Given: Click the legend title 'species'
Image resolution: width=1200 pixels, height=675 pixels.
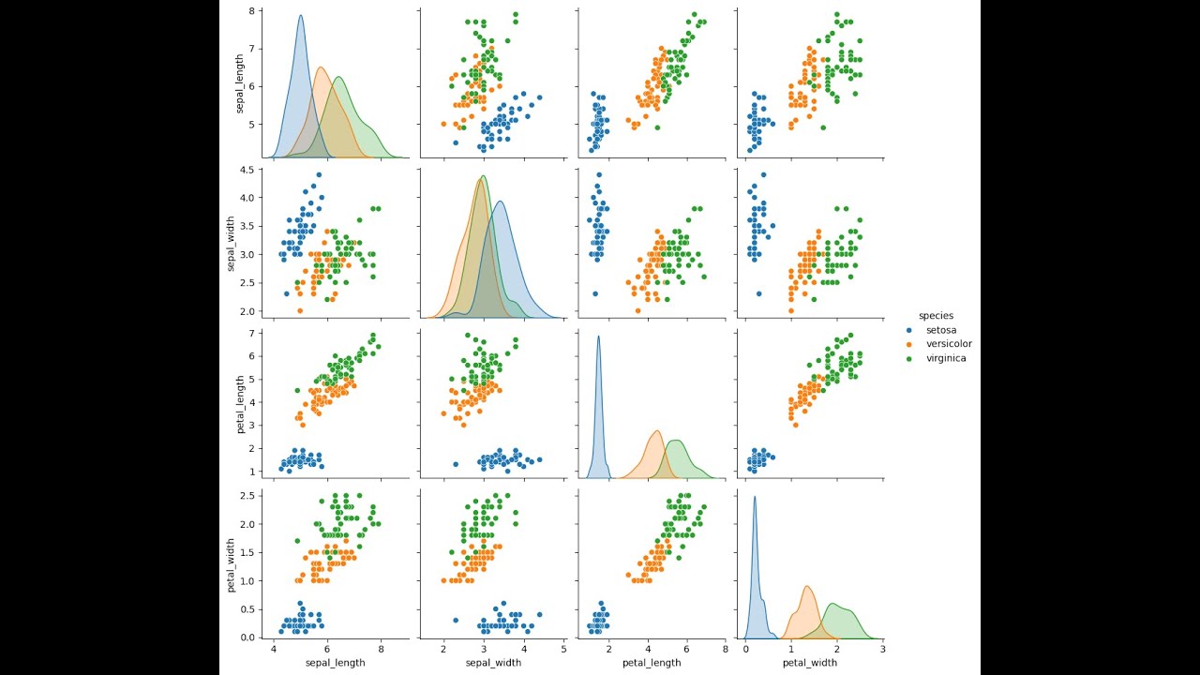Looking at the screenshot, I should click(936, 316).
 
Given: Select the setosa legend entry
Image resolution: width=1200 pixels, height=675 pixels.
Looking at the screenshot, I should click(940, 330).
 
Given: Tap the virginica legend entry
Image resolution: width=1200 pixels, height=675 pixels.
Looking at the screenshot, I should click(945, 358).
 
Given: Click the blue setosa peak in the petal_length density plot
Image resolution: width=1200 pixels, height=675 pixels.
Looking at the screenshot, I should click(598, 337).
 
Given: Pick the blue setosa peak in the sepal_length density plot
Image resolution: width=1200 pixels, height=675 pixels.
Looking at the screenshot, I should click(301, 16).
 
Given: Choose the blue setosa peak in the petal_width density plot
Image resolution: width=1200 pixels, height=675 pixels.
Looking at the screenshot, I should click(755, 498).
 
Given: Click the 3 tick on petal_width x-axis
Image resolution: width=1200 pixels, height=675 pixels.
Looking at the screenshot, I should click(882, 648).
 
